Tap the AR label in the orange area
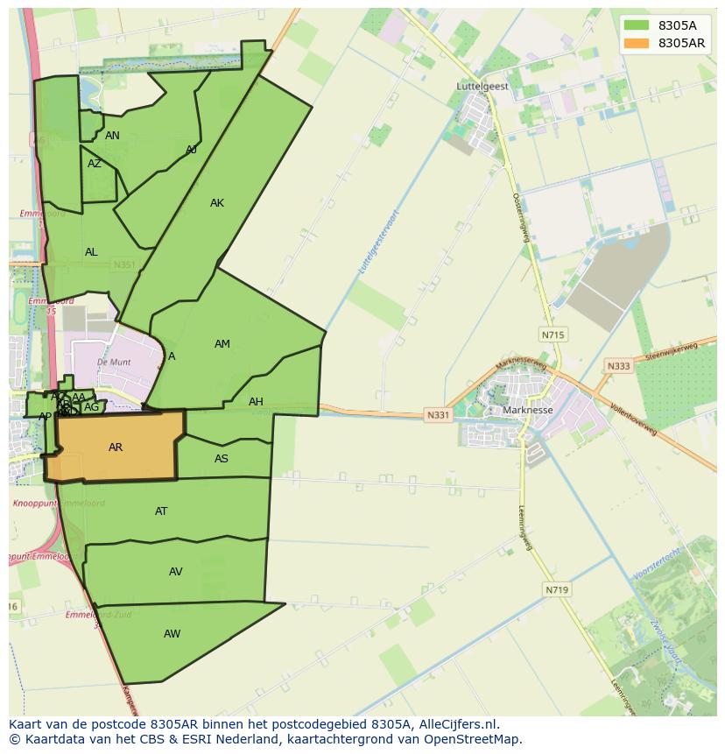coord(116,447)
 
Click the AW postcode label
coord(172,634)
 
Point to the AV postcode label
coord(176,572)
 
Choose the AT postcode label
coord(161,511)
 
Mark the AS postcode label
coord(222,459)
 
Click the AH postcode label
coord(256,402)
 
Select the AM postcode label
coord(222,344)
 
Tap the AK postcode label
coord(217,203)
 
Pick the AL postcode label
coord(91,252)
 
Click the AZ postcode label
coord(95,164)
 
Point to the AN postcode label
coord(112,136)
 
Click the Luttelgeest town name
coord(482,87)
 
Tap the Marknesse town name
coord(528,410)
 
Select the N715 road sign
coord(553,335)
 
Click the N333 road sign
coord(618,366)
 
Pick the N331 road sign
coord(438,415)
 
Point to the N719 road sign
coord(557,590)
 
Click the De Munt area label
coord(114,362)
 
